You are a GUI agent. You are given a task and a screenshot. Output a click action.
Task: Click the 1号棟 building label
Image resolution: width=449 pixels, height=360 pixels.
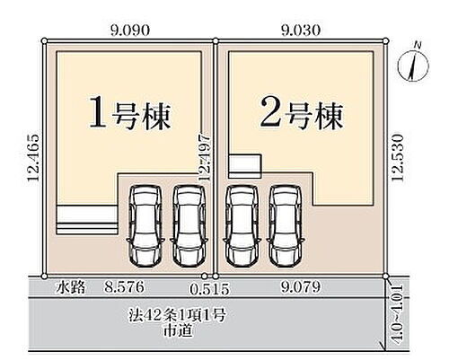click(x=130, y=114)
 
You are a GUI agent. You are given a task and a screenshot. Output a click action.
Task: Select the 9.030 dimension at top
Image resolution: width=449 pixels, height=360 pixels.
click(x=301, y=30)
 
